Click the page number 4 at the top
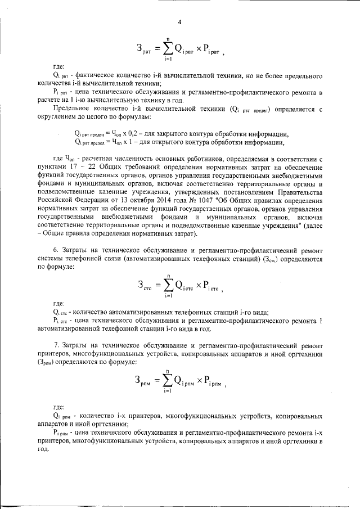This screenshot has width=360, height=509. point(179,22)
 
